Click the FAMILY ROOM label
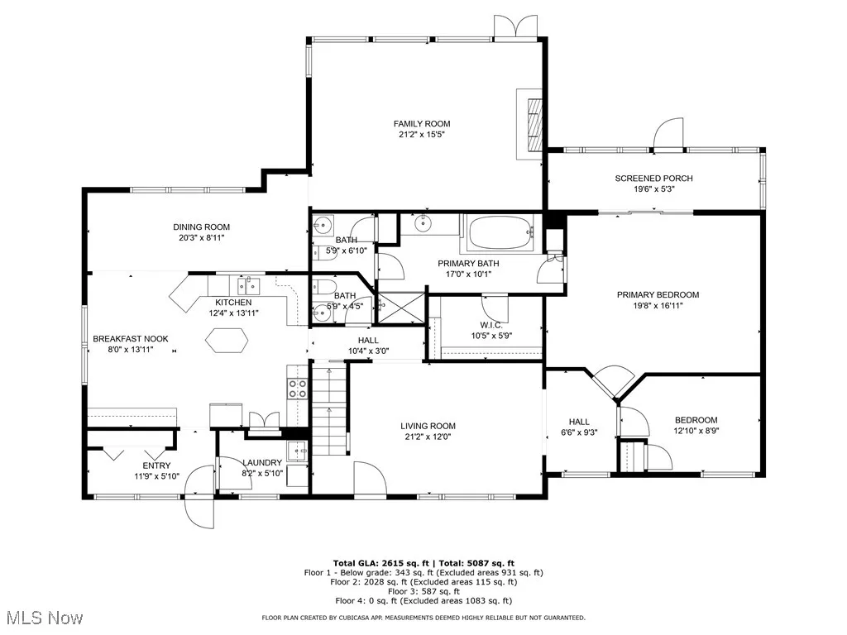421,124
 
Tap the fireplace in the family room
529,124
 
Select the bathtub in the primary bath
500,233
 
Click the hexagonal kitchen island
227,341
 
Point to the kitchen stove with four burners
297,389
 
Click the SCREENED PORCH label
653,179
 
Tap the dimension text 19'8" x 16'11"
658,306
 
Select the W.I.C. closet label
491,325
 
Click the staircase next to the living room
328,408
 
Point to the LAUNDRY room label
262,463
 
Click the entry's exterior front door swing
199,497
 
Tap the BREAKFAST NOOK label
131,339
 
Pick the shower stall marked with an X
401,308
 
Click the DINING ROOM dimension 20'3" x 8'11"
202,237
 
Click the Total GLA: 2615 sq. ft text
380,564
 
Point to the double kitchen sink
248,284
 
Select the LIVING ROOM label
428,426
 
